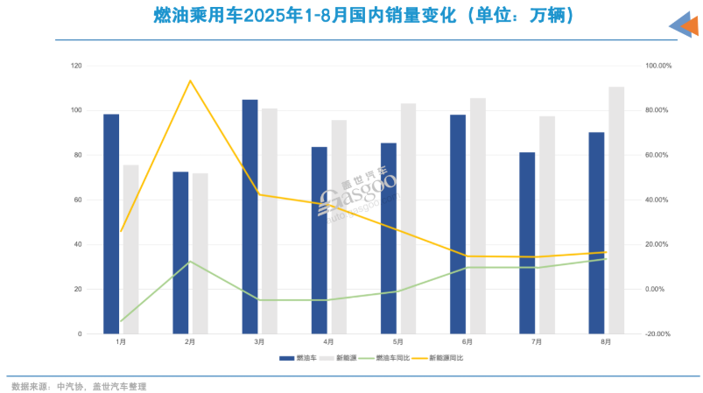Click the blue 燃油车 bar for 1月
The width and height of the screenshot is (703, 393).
click(x=111, y=223)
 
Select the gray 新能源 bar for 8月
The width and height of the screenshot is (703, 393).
click(x=616, y=210)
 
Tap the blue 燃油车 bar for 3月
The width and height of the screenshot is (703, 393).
click(x=250, y=216)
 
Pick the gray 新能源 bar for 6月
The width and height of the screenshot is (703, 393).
click(x=477, y=215)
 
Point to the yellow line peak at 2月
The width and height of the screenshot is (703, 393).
click(x=190, y=81)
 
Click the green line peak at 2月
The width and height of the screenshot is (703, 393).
click(x=190, y=262)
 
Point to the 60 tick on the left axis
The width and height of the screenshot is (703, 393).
click(x=78, y=200)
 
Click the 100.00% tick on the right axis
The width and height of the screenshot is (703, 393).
click(x=657, y=66)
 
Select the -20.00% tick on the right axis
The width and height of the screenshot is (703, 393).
click(x=657, y=333)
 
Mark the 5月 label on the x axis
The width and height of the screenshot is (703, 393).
click(x=397, y=342)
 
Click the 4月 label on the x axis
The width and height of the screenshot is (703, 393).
click(x=328, y=342)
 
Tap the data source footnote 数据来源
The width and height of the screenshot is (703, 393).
click(x=79, y=386)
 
